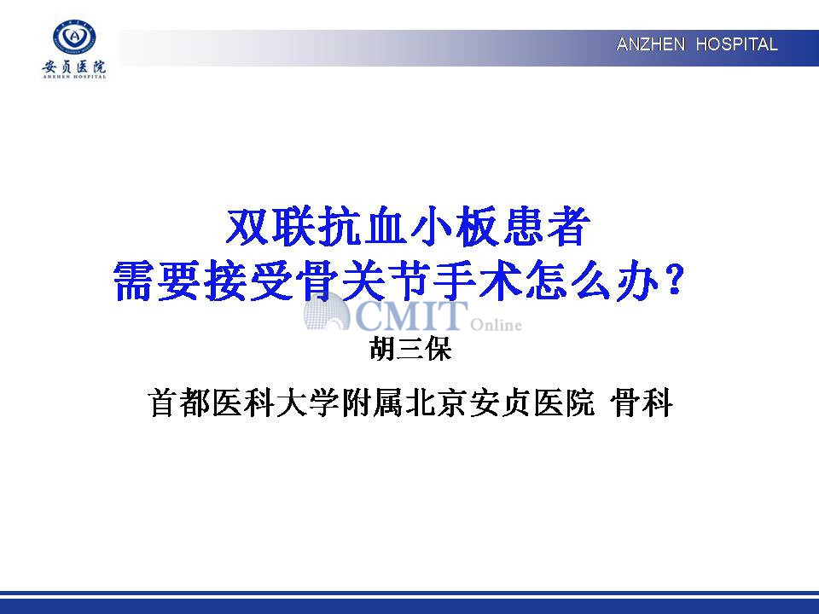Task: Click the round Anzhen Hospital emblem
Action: point(74,38)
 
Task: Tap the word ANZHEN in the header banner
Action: point(650,44)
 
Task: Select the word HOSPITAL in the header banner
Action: point(736,44)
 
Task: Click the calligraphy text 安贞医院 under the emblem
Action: point(74,67)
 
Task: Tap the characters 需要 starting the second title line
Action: point(156,281)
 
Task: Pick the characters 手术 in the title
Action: point(478,281)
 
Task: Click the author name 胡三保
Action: point(410,348)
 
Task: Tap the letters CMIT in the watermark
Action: point(411,316)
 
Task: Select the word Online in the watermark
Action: point(497,325)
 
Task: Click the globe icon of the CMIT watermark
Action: point(327,312)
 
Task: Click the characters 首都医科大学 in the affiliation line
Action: point(243,403)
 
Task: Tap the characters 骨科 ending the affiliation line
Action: point(641,403)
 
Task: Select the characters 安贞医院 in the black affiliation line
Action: point(531,403)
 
